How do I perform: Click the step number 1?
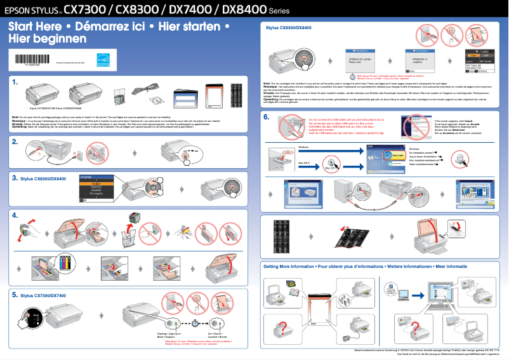click(x=15, y=81)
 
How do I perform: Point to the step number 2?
click(x=15, y=142)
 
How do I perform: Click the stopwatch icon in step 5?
click(x=192, y=323)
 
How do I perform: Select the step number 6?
click(x=267, y=117)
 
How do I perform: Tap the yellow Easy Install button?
click(x=398, y=154)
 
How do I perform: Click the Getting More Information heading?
click(x=287, y=266)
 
